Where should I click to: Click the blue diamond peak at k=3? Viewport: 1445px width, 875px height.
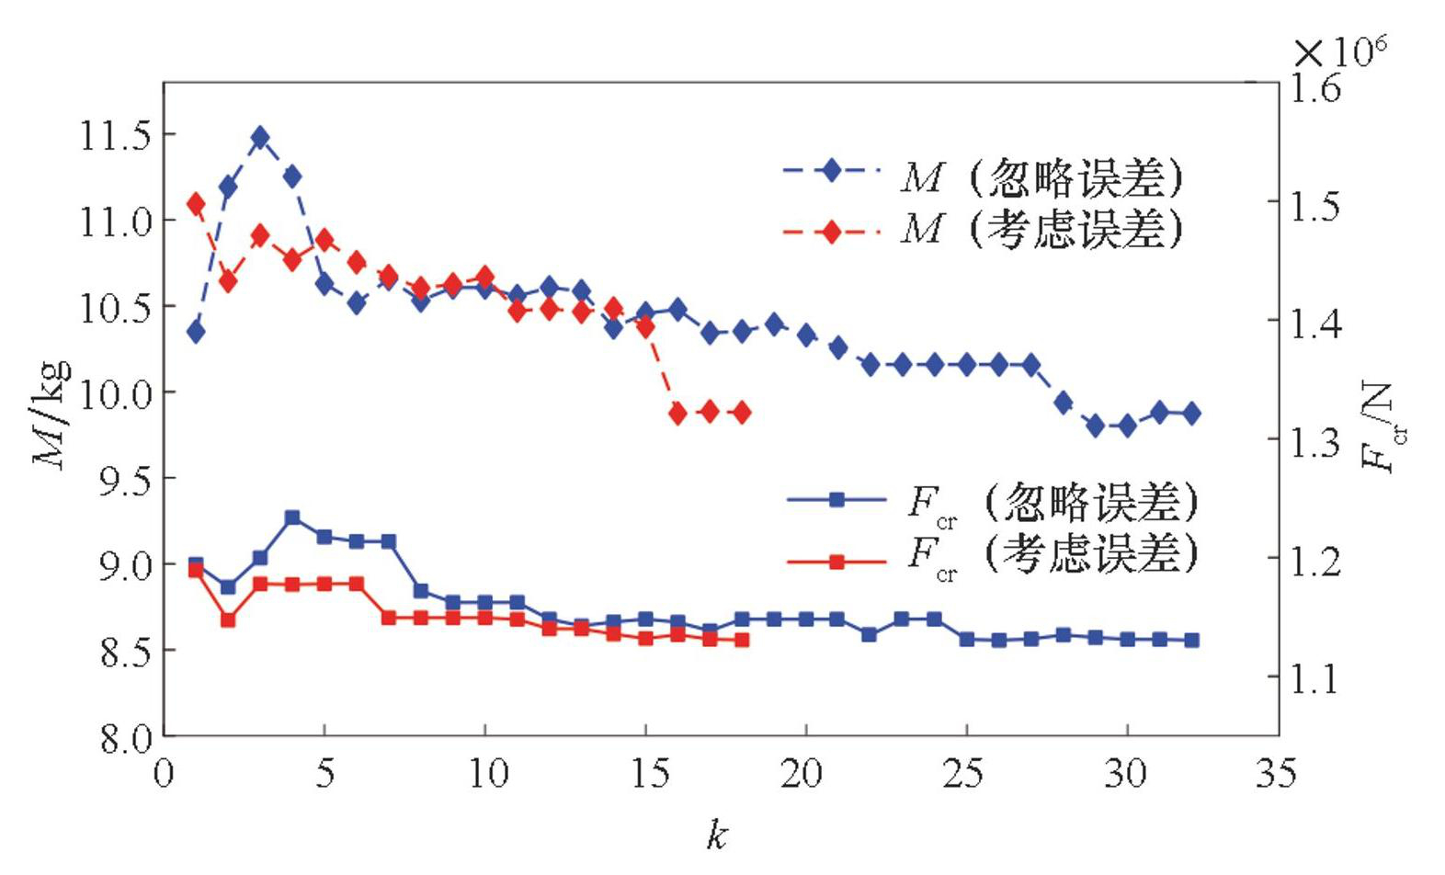[260, 138]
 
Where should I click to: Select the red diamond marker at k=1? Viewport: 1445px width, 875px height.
[196, 204]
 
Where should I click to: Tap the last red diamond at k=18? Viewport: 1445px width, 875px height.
[742, 413]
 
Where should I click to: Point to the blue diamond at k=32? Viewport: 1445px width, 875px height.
[1191, 414]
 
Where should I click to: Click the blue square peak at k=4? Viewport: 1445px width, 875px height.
[292, 517]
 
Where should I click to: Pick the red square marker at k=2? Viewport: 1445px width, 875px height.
[228, 620]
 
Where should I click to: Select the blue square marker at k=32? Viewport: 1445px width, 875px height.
[1191, 640]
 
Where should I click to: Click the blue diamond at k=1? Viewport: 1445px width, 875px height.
[196, 332]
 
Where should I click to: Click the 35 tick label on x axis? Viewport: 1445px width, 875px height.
[1277, 774]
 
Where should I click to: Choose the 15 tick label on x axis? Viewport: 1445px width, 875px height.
[650, 774]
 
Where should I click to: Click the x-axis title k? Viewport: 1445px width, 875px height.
[718, 835]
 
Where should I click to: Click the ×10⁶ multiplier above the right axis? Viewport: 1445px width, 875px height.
[1340, 51]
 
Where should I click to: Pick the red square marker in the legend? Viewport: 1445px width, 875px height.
[836, 562]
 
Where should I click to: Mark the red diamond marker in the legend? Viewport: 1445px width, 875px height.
[832, 232]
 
